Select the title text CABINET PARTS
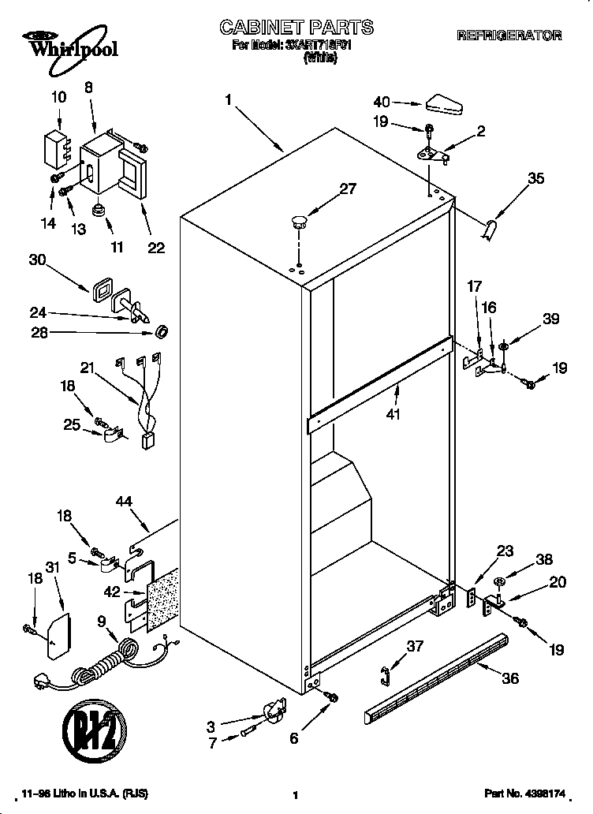pos(296,28)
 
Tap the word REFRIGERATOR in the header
pos(509,35)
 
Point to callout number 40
pos(382,102)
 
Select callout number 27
pos(347,189)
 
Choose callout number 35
pos(535,179)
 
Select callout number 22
pos(156,248)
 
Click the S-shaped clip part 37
pos(386,673)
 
